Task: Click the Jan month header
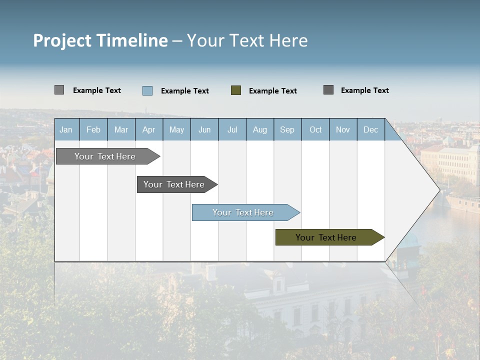tap(66, 130)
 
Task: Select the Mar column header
tap(121, 130)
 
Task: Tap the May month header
tap(176, 130)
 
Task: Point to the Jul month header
tap(232, 130)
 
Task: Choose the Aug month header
tap(259, 130)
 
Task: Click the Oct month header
tap(315, 130)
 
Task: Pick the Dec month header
tap(370, 130)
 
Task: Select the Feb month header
tap(93, 130)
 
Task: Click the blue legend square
tap(147, 90)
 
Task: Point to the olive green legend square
tap(236, 90)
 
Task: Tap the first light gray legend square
tap(59, 90)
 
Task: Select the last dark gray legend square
tap(328, 90)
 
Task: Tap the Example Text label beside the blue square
tap(185, 91)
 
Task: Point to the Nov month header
tap(343, 130)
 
